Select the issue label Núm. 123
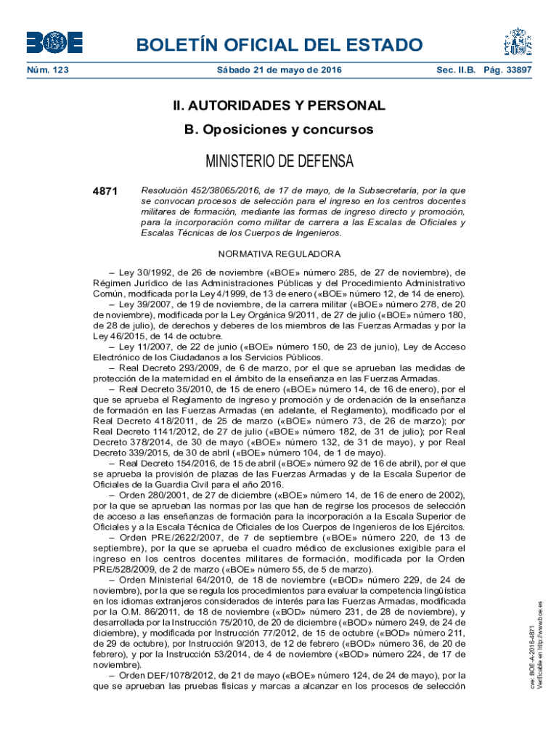point(48,70)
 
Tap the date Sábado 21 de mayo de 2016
point(279,70)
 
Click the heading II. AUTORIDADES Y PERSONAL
point(279,105)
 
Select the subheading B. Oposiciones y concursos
point(279,129)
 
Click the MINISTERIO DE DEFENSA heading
point(279,161)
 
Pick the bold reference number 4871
point(105,191)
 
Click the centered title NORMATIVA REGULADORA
point(279,254)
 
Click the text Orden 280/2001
point(150,495)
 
